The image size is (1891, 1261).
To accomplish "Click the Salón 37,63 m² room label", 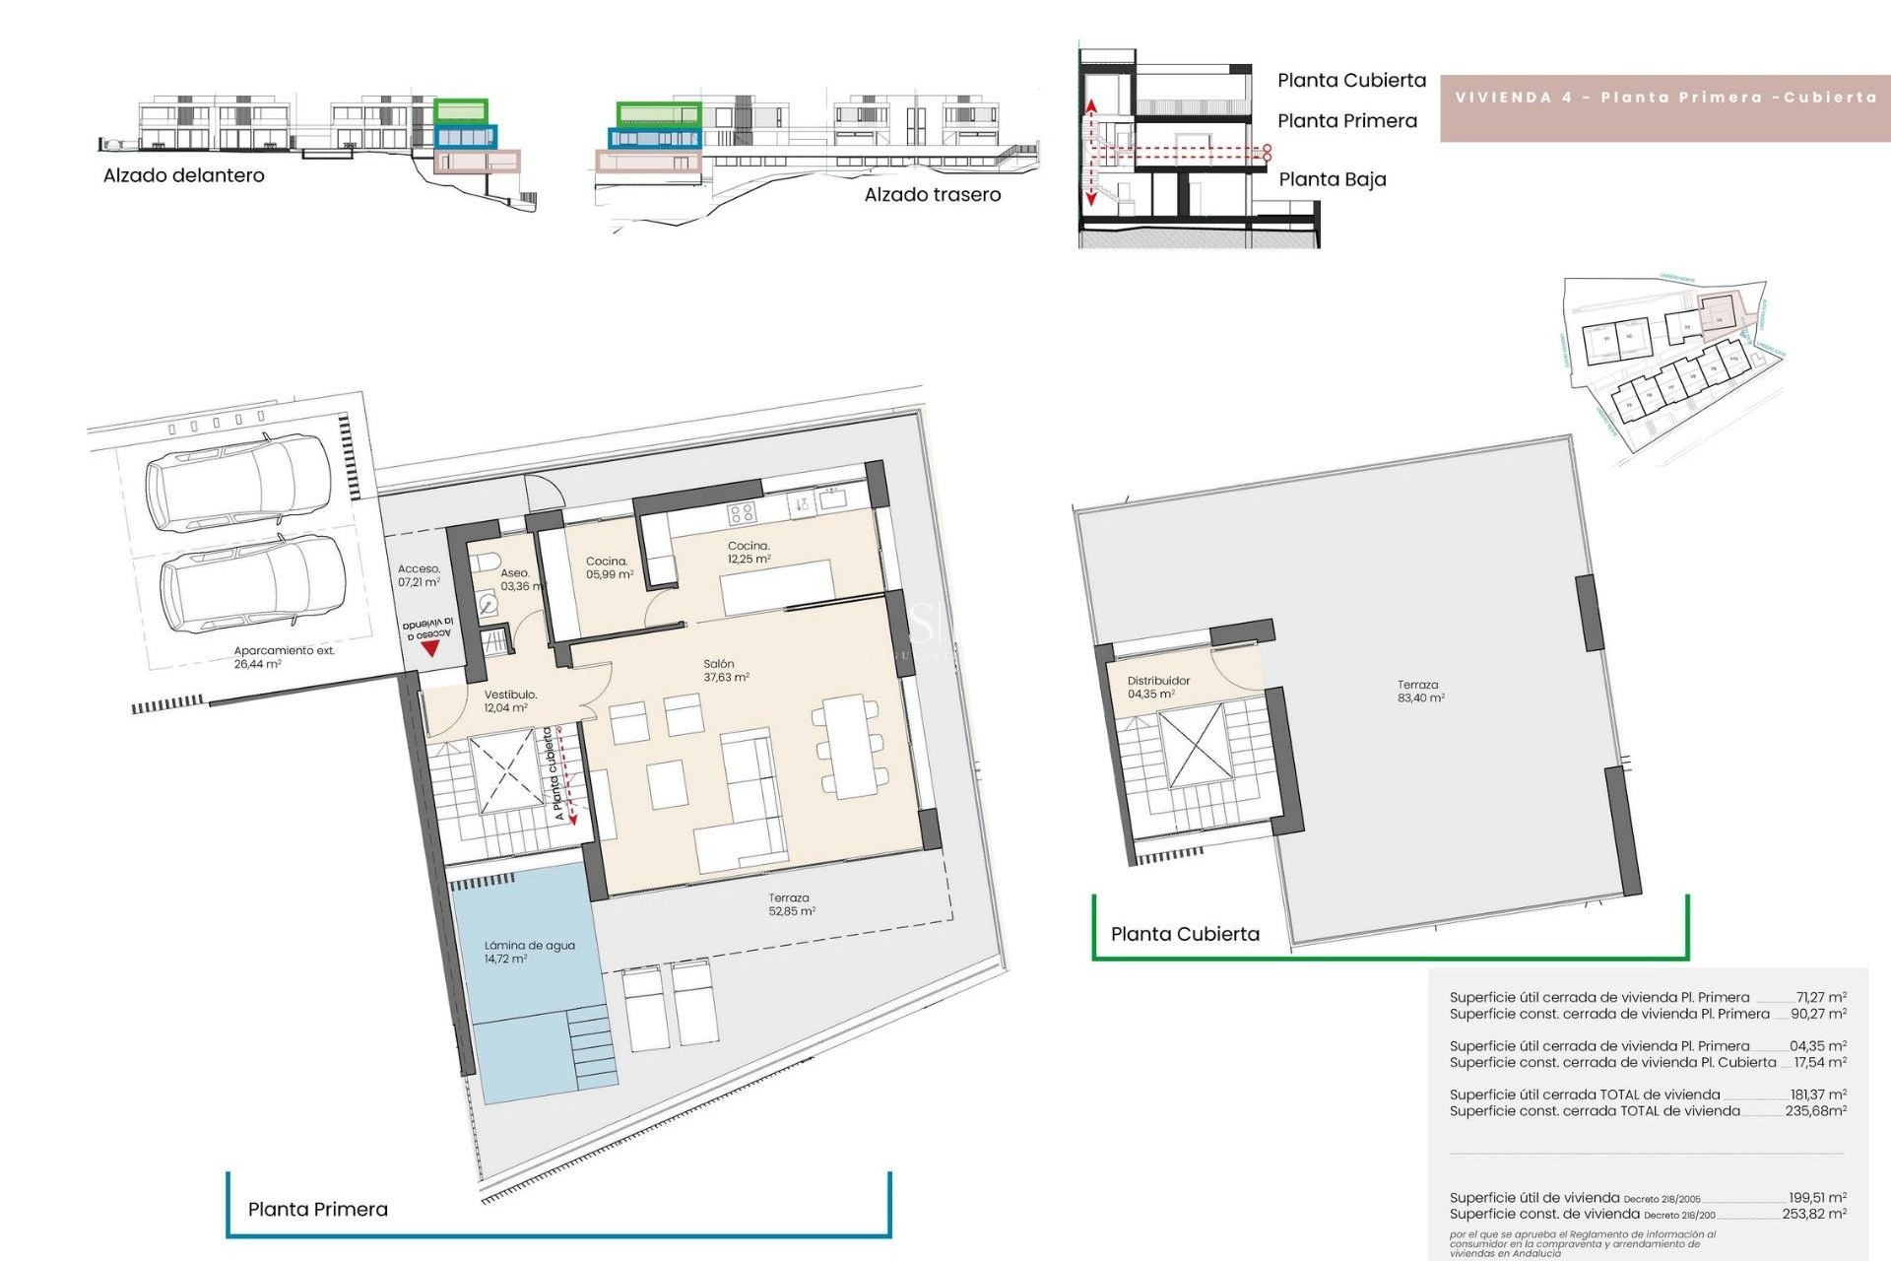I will point(726,671).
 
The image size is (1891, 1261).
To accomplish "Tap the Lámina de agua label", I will point(529,952).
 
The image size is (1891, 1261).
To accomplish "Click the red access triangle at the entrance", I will point(429,649).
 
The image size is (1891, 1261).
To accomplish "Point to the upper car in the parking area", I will point(239,484).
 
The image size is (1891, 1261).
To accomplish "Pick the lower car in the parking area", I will point(253,584).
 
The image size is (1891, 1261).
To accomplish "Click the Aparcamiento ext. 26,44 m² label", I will point(284,657).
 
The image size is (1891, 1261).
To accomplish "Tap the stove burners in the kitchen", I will point(741,512).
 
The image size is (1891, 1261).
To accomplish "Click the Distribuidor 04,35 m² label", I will point(1157,687).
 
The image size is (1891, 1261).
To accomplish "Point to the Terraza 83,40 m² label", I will point(1419,691).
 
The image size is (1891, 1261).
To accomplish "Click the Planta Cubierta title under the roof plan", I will point(1185,934).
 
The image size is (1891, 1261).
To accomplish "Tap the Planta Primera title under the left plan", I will point(318,1209).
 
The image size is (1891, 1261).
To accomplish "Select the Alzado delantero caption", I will point(184,175).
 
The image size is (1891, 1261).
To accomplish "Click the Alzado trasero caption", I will point(932,195).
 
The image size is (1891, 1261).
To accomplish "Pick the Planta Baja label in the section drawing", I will point(1332,179).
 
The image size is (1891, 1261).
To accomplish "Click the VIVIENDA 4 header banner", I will point(1664,98).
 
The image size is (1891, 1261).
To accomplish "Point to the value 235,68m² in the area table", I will point(1815,1110).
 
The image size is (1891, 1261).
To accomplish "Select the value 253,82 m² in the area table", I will point(1814,1214).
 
